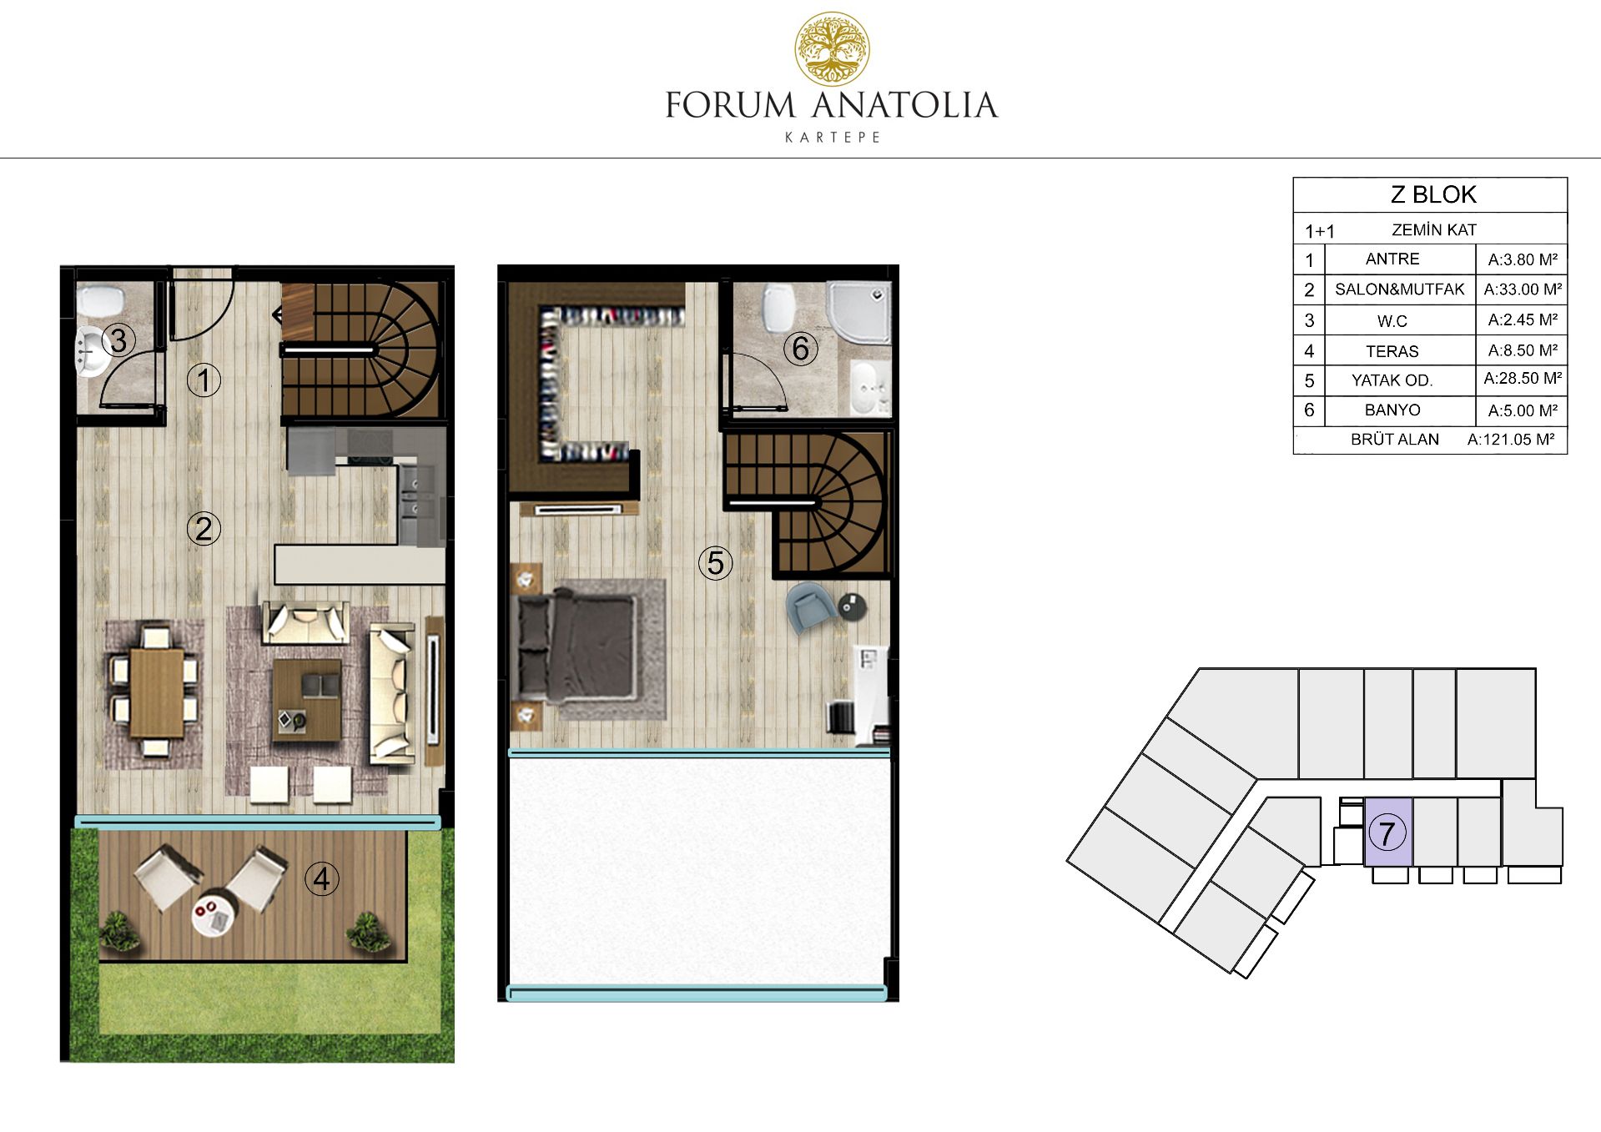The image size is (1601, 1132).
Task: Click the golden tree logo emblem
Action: (x=832, y=49)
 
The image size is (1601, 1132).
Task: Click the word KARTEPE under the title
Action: (x=833, y=138)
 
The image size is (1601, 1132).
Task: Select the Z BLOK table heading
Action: (x=1433, y=194)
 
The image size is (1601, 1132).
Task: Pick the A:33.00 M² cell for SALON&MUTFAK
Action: (x=1523, y=289)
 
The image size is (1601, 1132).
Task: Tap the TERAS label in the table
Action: (x=1392, y=351)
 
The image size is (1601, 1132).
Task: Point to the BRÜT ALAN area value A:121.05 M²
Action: (x=1511, y=440)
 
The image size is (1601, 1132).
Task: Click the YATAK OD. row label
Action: (x=1392, y=380)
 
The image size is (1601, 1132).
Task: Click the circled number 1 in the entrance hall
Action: (x=204, y=380)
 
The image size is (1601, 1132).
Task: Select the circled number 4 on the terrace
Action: (x=321, y=878)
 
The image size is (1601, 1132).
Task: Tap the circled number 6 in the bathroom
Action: (x=800, y=349)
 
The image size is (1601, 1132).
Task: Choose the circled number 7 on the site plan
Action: (x=1387, y=833)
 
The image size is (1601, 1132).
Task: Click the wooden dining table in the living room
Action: (x=157, y=692)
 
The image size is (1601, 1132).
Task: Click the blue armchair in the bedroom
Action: (x=810, y=606)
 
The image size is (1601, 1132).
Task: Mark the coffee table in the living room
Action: (x=307, y=699)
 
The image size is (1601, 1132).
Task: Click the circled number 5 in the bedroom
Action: (x=715, y=563)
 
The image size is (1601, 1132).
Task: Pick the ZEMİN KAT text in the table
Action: (x=1434, y=230)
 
